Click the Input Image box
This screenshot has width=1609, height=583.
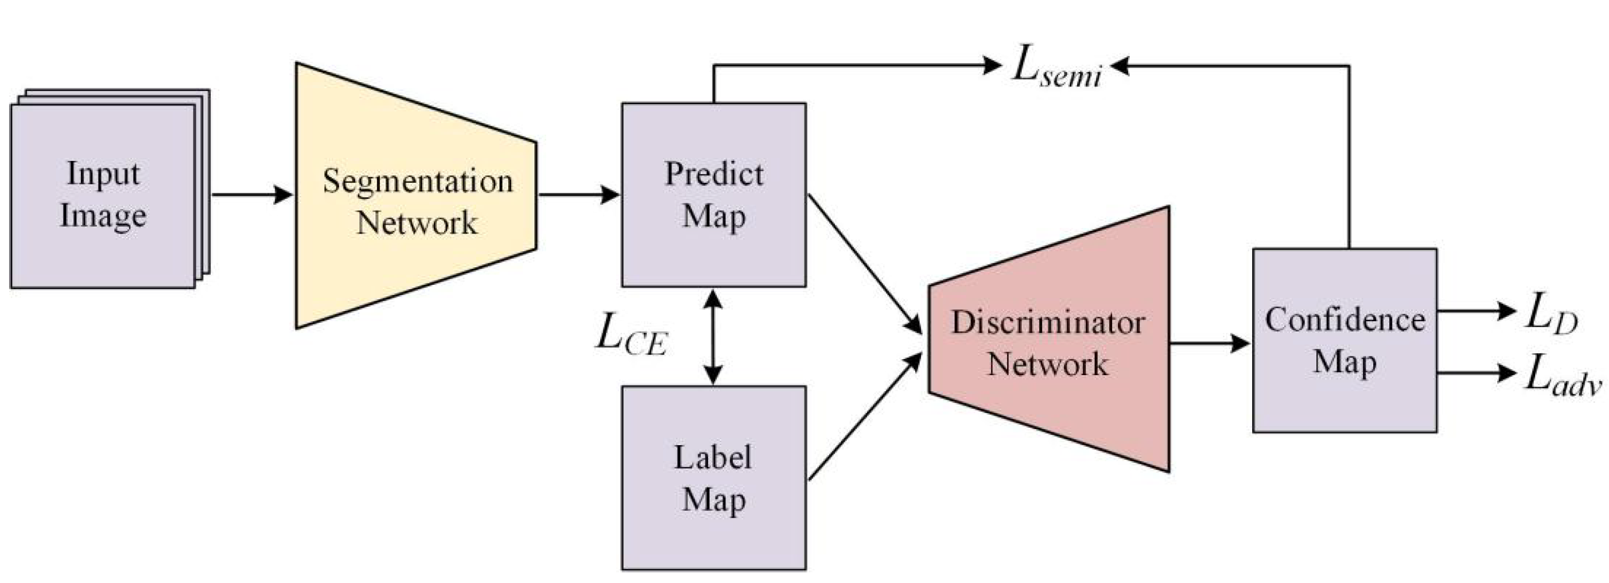click(103, 195)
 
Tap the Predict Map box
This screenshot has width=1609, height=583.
click(714, 195)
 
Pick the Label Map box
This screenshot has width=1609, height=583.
click(714, 478)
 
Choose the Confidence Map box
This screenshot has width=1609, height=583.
click(1344, 341)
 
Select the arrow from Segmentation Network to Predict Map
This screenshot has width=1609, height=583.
click(578, 195)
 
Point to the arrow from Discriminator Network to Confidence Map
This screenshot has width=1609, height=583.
click(1209, 343)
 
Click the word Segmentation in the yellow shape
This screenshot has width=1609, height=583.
click(417, 182)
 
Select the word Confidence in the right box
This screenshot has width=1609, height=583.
click(1345, 320)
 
